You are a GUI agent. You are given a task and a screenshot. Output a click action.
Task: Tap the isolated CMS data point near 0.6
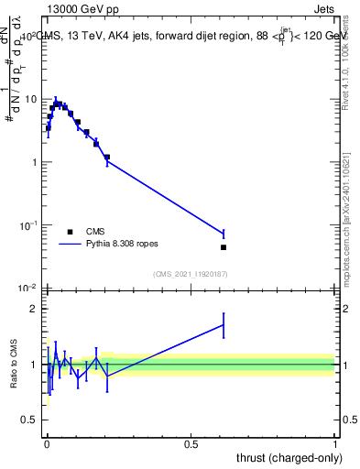[224, 247]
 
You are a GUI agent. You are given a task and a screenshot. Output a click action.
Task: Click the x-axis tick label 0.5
[191, 444]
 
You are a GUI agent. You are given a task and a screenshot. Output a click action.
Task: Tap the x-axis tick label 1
[335, 444]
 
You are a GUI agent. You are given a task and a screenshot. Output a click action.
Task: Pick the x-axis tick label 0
[47, 444]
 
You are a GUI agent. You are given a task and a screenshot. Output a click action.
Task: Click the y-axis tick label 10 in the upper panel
[30, 99]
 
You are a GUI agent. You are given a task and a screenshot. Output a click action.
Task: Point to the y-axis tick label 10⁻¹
[28, 224]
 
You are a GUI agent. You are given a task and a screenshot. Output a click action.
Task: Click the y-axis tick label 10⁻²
[28, 288]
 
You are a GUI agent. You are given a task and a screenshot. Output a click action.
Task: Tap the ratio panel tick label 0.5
[30, 420]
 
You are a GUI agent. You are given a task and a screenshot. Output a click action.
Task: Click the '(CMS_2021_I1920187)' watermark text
[191, 273]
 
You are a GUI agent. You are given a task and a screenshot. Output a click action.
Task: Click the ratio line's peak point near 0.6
[224, 325]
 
